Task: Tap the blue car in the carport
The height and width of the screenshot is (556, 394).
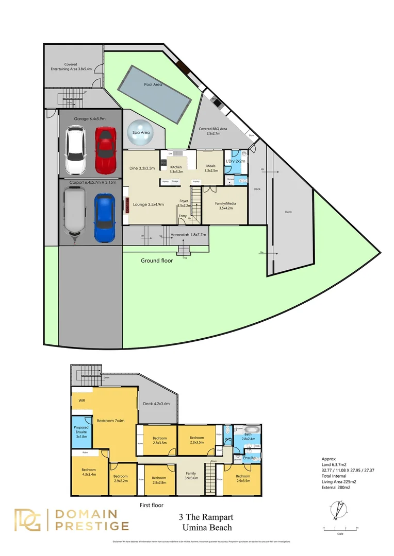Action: [104, 217]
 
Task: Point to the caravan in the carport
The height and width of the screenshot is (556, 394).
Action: [73, 214]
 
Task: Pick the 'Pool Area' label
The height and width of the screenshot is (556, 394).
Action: [154, 84]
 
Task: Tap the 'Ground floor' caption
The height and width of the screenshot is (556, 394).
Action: [157, 260]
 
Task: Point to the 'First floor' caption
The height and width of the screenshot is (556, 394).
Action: [151, 506]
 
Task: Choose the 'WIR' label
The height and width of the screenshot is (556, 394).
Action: [81, 400]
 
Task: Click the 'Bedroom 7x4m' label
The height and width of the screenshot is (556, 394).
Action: [110, 421]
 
